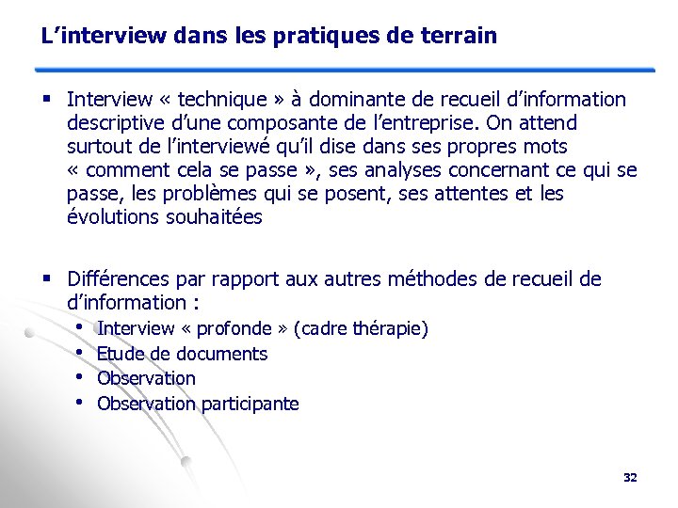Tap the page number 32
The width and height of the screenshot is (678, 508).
pyautogui.click(x=630, y=478)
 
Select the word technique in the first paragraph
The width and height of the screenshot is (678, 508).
pyautogui.click(x=215, y=99)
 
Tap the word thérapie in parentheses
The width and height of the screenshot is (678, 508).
pyautogui.click(x=389, y=329)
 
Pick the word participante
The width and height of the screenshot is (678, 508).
pyautogui.click(x=249, y=404)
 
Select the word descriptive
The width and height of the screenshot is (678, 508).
pyautogui.click(x=118, y=123)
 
